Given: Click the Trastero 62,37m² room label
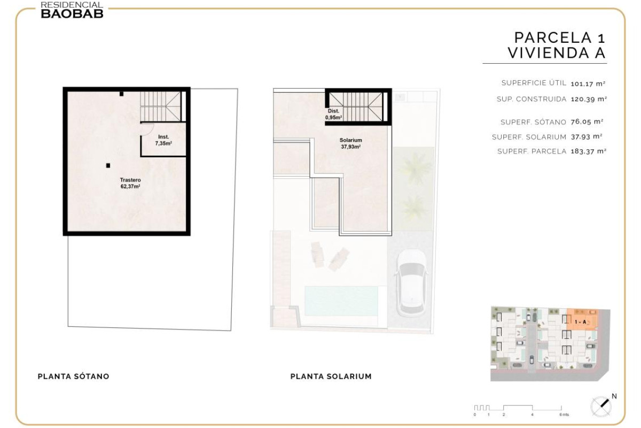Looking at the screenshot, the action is coord(130,183).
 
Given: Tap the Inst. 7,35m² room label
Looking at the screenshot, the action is coord(163,140).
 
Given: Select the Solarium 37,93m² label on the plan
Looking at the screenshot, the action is coord(350,143).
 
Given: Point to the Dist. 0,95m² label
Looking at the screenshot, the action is coord(333,114).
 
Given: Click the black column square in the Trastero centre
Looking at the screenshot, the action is coord(108,165).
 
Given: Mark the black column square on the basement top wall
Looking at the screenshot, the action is coord(122,94).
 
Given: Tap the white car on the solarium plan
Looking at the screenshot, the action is coord(411,282).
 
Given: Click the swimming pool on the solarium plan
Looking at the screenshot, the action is coord(341,301).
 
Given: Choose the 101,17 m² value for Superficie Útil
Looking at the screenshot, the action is coord(588,83).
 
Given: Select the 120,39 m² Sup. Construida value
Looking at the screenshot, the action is coord(589,99).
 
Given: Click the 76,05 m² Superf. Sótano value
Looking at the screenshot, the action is coord(587,122).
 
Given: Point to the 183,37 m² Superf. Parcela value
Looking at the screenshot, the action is coord(588,151).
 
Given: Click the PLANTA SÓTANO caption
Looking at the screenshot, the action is coord(74,377).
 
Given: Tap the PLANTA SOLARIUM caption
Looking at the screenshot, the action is coord(331,377).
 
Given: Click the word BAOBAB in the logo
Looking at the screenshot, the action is coord(72,13).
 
